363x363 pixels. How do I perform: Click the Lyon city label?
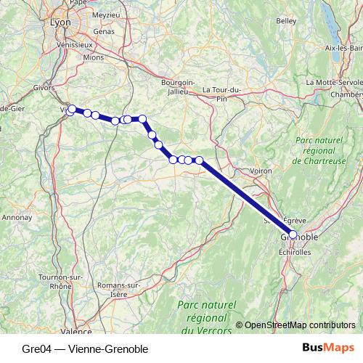pos(61,23)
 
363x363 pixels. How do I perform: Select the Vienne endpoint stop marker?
pos(71,110)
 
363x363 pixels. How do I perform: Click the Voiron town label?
pos(260,171)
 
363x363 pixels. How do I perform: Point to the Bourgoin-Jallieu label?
pos(179,87)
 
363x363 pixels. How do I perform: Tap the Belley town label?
pos(287,21)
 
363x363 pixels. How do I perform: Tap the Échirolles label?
pos(295,252)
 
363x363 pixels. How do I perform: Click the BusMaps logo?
pos(327,348)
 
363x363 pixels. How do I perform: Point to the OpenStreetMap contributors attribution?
pos(300,325)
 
